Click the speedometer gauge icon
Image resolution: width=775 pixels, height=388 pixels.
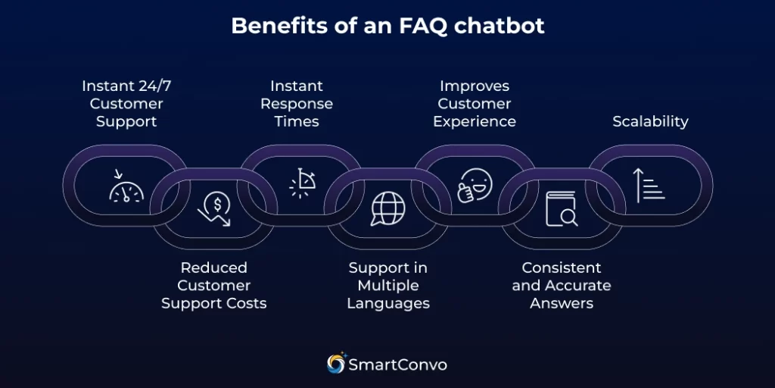(x=126, y=186)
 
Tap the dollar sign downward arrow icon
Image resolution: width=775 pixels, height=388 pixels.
(x=215, y=209)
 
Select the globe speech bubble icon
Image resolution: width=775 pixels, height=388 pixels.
(x=387, y=208)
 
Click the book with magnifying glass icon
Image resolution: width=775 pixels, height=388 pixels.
(x=562, y=208)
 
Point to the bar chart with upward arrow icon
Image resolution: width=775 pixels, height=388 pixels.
(x=649, y=186)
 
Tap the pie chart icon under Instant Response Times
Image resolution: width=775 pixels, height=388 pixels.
(x=302, y=184)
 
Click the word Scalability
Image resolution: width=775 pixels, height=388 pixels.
(x=650, y=121)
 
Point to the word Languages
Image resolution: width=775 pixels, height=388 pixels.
(x=388, y=303)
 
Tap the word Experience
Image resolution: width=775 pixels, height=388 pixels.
(x=475, y=121)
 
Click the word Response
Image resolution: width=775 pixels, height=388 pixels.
(x=297, y=103)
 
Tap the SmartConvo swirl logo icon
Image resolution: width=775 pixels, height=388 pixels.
(x=335, y=364)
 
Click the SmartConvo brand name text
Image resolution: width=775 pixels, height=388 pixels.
(x=397, y=365)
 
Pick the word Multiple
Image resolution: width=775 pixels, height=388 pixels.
(x=388, y=285)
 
